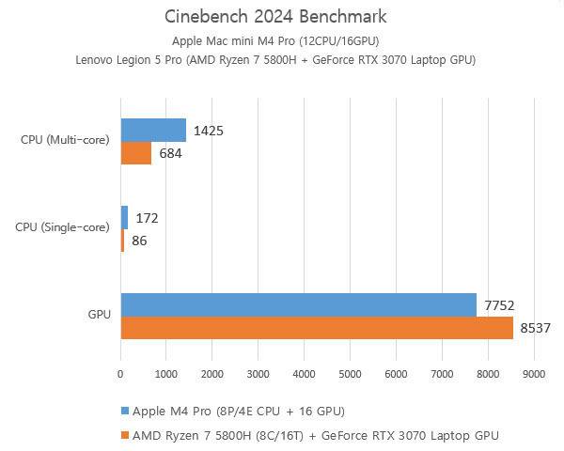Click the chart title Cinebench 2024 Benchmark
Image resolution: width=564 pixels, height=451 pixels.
(275, 17)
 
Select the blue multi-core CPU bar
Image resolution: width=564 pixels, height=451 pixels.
(153, 130)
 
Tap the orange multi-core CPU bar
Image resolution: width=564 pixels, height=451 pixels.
(136, 153)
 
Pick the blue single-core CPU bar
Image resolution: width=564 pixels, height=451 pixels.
(124, 218)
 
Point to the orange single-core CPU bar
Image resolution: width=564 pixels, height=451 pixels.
(122, 241)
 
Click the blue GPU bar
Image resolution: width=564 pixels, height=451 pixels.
(299, 304)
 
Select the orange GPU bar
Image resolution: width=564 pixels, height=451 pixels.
(317, 328)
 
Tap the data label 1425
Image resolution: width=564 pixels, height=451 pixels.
(208, 131)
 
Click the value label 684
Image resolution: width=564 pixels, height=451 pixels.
(171, 153)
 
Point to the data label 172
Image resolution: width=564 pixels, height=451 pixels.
(147, 218)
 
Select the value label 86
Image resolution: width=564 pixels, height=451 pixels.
(138, 241)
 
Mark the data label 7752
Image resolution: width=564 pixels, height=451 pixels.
(499, 304)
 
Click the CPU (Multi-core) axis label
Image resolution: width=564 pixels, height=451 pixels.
(65, 141)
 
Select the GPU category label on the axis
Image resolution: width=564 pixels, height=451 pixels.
(99, 316)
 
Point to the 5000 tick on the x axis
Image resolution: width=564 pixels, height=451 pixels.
(350, 374)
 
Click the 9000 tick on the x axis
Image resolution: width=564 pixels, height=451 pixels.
(534, 374)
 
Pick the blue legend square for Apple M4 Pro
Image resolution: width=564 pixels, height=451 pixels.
(124, 412)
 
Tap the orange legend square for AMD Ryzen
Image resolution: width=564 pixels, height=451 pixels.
(124, 435)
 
